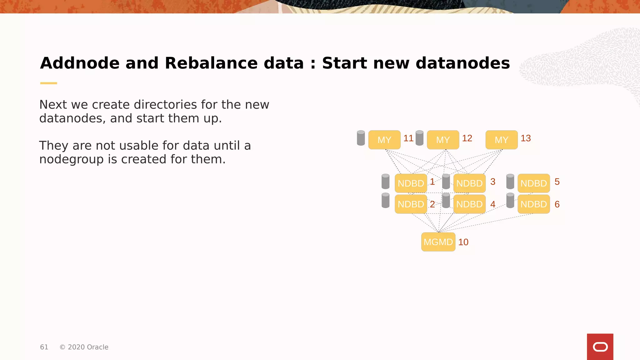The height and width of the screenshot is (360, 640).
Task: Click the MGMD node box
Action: click(x=438, y=242)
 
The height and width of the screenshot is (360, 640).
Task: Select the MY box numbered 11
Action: click(x=384, y=140)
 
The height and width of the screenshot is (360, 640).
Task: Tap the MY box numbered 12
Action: click(x=443, y=140)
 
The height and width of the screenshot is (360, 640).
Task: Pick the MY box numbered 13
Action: click(x=501, y=140)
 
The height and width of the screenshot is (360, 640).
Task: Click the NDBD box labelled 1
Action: click(x=411, y=183)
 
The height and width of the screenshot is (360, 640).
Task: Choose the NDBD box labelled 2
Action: click(x=411, y=204)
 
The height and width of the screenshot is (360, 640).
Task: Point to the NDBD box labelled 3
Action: click(x=469, y=183)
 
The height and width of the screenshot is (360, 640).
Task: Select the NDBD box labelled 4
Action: click(x=469, y=204)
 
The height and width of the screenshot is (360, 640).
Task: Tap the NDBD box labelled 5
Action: click(x=533, y=183)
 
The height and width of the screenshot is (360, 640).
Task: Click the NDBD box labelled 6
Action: click(x=533, y=204)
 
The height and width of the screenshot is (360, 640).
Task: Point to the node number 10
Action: click(x=463, y=242)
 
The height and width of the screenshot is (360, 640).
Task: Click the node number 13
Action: click(x=526, y=138)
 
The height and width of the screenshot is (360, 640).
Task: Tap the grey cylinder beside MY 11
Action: click(x=361, y=138)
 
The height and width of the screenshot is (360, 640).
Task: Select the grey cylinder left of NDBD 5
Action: click(x=510, y=182)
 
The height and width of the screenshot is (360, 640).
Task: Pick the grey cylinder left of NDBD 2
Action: click(x=386, y=200)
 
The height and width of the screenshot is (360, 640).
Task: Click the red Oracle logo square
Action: click(x=600, y=347)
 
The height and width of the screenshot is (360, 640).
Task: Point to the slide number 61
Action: click(x=44, y=347)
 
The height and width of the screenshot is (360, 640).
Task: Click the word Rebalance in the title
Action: click(x=234, y=63)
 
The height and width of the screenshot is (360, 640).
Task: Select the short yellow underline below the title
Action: click(x=48, y=83)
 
